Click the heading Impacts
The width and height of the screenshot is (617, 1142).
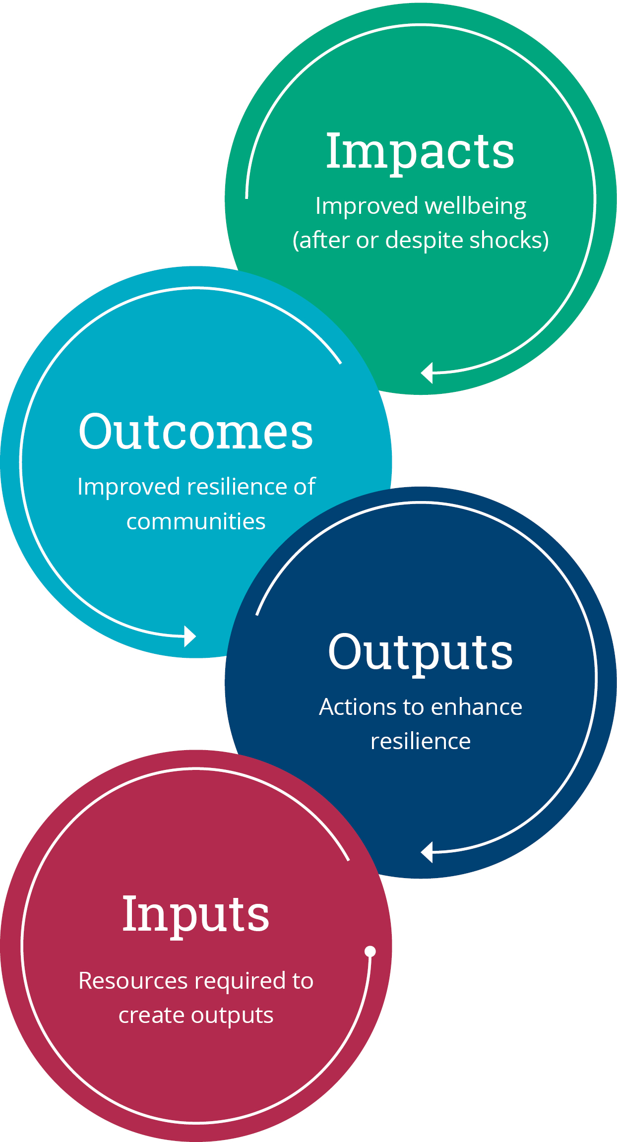coord(420,152)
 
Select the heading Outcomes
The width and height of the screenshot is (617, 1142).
coord(196,432)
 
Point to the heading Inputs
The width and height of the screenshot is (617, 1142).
coord(196,915)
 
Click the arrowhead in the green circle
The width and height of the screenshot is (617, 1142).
coord(427,373)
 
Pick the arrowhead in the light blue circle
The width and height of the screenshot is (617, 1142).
coord(190,636)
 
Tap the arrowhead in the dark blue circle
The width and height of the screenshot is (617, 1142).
coord(427,852)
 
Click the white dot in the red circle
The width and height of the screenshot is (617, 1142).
coord(370,951)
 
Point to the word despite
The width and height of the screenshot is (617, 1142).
coord(424,241)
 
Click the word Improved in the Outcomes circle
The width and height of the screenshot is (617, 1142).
coord(128,487)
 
